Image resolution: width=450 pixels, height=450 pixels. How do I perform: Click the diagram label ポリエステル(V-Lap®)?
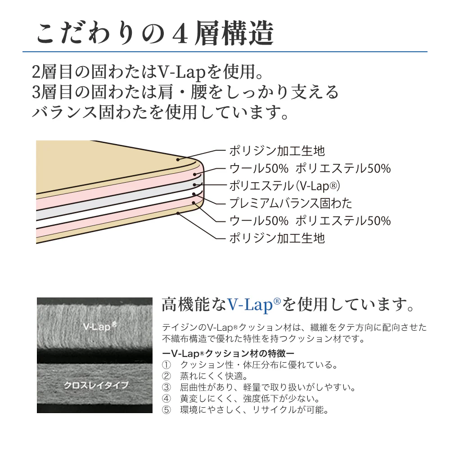[x=285, y=186]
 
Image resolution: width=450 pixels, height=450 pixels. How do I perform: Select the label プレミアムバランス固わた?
[x=291, y=203]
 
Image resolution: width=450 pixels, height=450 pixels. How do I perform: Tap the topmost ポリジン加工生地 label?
[x=277, y=151]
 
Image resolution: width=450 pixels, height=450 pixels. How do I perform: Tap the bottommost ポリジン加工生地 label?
[x=277, y=238]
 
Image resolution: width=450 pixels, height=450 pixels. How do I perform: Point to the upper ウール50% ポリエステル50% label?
[x=310, y=168]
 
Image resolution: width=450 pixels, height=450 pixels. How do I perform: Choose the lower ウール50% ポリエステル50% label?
[x=310, y=220]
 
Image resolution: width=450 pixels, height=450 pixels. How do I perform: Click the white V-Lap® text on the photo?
[x=99, y=326]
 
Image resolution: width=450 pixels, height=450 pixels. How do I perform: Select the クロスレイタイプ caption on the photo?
[x=96, y=385]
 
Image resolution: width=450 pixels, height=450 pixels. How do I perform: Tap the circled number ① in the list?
[x=166, y=365]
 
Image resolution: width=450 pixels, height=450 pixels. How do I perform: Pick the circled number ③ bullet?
[x=166, y=387]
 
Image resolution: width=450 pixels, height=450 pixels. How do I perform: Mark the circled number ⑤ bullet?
[x=166, y=410]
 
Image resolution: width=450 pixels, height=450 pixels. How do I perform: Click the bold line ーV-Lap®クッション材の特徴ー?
[x=228, y=353]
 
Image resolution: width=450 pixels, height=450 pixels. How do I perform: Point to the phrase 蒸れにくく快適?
[x=211, y=376]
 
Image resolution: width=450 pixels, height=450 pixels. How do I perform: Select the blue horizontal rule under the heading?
[x=225, y=52]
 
